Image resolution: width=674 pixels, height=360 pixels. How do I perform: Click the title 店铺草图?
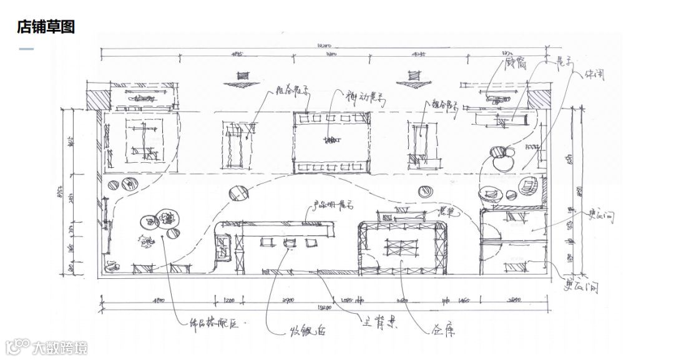click(46, 26)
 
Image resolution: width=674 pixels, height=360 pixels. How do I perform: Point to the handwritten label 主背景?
click(379, 323)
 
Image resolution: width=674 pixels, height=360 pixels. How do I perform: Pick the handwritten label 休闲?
click(594, 74)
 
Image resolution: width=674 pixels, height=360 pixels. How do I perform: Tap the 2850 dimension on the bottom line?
click(515, 301)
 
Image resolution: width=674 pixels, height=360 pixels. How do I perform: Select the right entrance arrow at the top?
click(410, 78)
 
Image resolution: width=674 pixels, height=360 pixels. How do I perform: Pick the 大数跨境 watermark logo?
click(47, 346)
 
